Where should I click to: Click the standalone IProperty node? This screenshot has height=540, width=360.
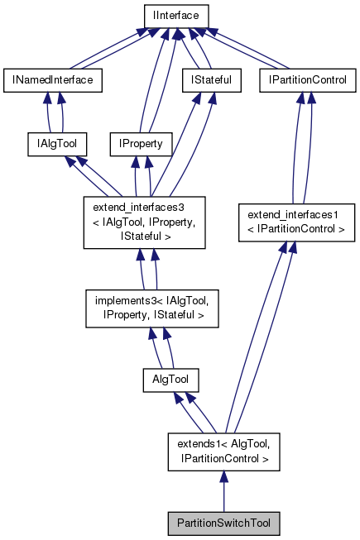click(x=141, y=143)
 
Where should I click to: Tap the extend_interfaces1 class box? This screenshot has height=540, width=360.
click(x=295, y=222)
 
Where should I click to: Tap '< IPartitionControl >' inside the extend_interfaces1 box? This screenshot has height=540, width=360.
click(x=295, y=228)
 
